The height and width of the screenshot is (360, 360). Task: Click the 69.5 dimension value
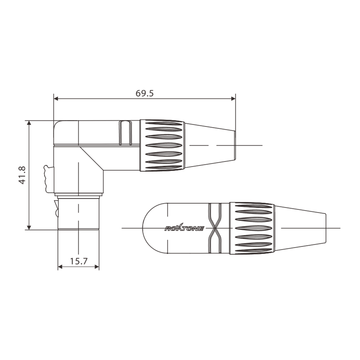[144, 94]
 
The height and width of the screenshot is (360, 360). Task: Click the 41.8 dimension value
[22, 175]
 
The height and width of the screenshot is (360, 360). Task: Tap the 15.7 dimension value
[78, 261]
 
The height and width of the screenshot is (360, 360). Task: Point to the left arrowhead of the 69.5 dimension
[56, 99]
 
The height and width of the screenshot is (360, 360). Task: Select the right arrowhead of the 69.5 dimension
[233, 99]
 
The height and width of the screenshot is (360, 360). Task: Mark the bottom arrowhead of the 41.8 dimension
[29, 227]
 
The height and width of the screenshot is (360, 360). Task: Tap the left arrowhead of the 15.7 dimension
[60, 267]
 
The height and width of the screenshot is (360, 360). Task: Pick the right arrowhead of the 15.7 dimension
[96, 267]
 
